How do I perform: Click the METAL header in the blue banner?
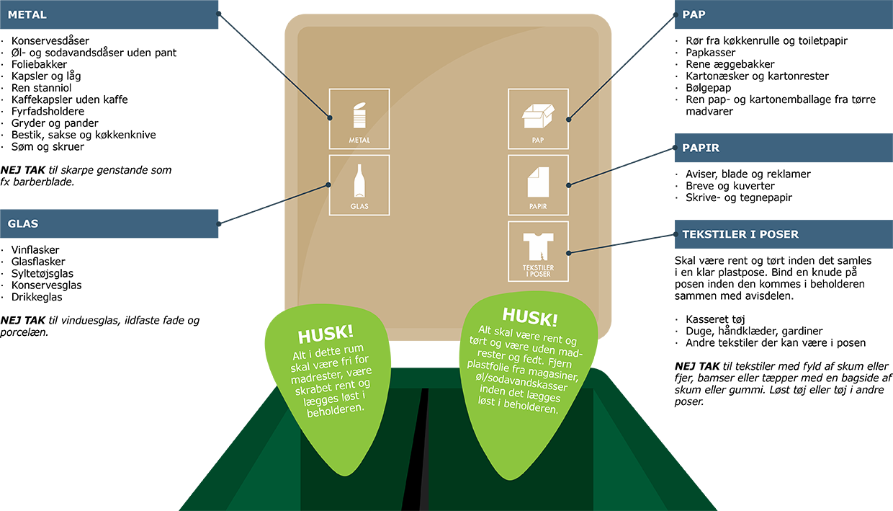click(x=27, y=14)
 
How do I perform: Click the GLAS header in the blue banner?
click(x=22, y=223)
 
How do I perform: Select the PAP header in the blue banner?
click(x=694, y=14)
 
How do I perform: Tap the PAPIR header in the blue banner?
click(x=701, y=148)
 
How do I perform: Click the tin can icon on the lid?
click(x=359, y=116)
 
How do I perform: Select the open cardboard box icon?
click(x=537, y=116)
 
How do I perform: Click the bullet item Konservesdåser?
click(x=50, y=41)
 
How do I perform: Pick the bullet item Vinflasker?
click(x=35, y=250)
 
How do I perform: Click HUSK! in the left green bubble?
click(x=326, y=333)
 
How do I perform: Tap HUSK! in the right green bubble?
click(x=529, y=316)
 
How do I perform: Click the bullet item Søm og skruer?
click(x=48, y=146)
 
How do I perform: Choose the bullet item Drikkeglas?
click(x=37, y=297)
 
